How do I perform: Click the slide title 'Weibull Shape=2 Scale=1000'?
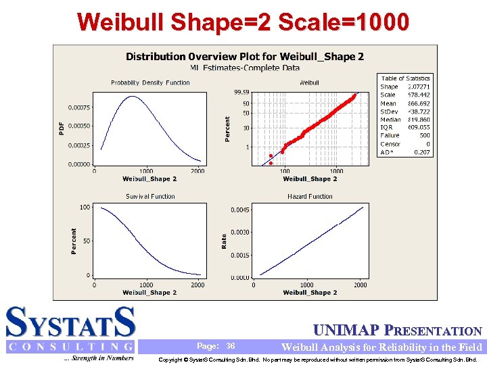tap(243, 22)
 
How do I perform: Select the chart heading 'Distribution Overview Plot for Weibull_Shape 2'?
tap(245, 57)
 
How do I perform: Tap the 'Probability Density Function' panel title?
tap(150, 83)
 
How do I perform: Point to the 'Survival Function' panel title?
tap(150, 197)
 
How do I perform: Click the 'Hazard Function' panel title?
tap(310, 197)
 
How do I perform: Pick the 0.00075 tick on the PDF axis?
tap(79, 107)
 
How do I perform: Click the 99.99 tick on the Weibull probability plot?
tap(241, 92)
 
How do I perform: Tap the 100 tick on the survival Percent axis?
tap(85, 208)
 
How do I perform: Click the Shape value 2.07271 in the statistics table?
tap(417, 87)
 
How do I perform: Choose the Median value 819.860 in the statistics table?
tap(417, 120)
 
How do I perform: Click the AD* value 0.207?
tap(422, 153)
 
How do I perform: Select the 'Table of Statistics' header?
tap(406, 78)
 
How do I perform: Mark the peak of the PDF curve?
tap(133, 97)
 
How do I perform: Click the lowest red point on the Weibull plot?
tap(271, 163)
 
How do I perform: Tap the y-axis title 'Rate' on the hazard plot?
tap(225, 241)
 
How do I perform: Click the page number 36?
tap(231, 346)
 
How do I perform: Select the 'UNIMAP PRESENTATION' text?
tap(398, 331)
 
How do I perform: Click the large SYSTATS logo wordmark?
tap(71, 322)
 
